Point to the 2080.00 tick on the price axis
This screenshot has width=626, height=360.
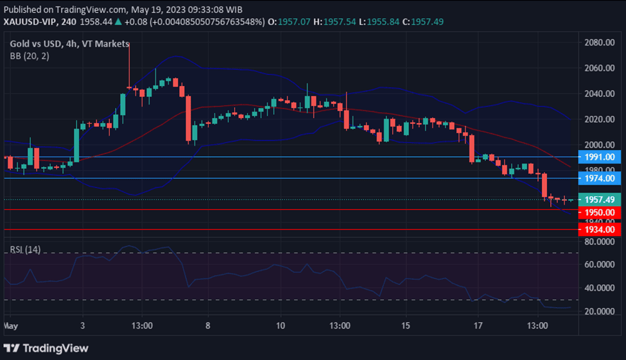[600, 43]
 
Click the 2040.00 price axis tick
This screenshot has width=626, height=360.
[600, 94]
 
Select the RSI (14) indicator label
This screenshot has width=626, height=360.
[25, 249]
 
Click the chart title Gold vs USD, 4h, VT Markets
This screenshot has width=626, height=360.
[69, 44]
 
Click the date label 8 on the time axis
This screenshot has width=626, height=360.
[208, 326]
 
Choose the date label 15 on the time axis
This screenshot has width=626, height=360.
[405, 326]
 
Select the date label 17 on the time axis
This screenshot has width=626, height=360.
[477, 326]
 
